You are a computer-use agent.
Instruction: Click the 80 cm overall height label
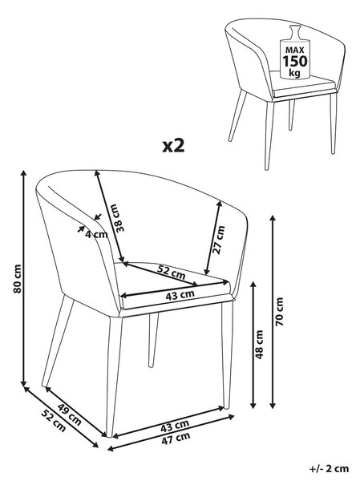18,278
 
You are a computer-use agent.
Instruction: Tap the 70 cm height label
280,312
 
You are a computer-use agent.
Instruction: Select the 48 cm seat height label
259,345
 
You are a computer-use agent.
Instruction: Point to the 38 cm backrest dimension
118,217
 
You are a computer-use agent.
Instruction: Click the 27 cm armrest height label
219,240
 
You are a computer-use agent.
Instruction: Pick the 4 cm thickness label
96,235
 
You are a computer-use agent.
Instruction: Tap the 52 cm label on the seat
171,272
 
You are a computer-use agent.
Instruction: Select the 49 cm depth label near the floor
69,414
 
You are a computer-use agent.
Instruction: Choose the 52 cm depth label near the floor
54,421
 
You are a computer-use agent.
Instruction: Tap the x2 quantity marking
173,146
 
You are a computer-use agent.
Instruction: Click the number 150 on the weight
294,61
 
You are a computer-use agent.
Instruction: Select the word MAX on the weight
294,50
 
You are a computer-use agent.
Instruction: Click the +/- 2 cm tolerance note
329,468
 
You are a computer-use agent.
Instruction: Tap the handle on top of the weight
294,31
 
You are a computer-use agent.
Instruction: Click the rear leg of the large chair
153,340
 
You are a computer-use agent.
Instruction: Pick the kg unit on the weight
294,73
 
